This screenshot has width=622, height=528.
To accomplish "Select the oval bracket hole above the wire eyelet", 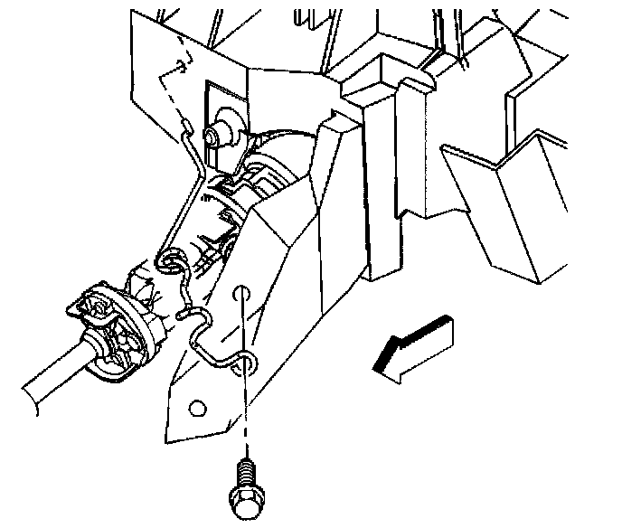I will pos(240,294).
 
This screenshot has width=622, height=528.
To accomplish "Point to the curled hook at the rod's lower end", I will pos(166,262).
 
